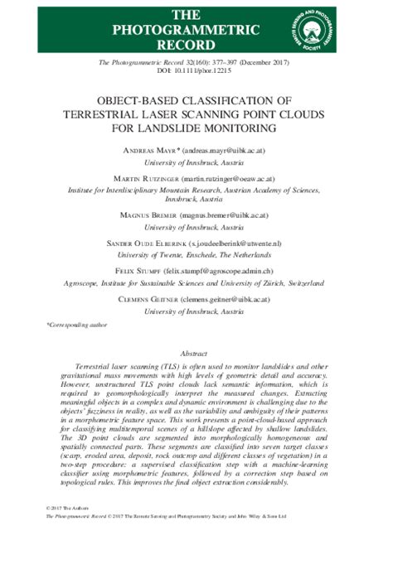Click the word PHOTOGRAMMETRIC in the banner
click(196, 29)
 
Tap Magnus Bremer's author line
click(196, 215)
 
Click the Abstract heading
click(196, 352)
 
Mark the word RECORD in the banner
click(196, 44)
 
